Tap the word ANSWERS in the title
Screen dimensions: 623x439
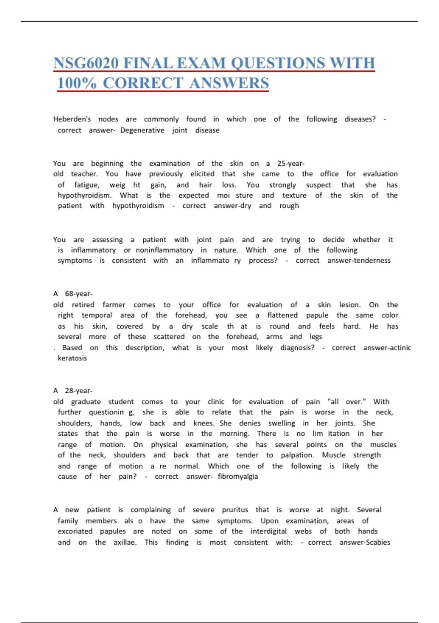(x=229, y=83)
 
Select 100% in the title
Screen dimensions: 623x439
(x=77, y=83)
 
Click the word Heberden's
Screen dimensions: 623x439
(x=72, y=119)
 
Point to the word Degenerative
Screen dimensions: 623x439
(x=142, y=130)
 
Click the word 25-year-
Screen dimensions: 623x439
(x=291, y=163)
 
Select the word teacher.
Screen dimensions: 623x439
(x=84, y=174)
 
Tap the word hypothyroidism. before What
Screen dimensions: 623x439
(x=85, y=195)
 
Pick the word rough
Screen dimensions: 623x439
(x=289, y=206)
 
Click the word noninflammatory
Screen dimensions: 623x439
(x=164, y=250)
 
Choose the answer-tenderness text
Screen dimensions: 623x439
(x=359, y=261)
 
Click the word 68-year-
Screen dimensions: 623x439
(x=79, y=294)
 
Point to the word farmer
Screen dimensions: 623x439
(x=114, y=305)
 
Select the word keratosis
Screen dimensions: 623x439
(x=72, y=358)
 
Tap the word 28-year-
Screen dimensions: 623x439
(x=79, y=391)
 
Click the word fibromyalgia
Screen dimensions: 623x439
(x=238, y=477)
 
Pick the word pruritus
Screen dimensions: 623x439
(x=235, y=510)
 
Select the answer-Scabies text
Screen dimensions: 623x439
(x=365, y=542)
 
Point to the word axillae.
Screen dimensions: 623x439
(x=125, y=542)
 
